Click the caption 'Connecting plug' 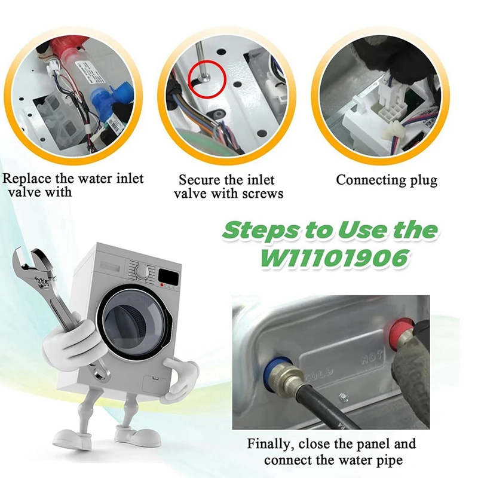[x=387, y=180]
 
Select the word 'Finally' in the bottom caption [x=269, y=444]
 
